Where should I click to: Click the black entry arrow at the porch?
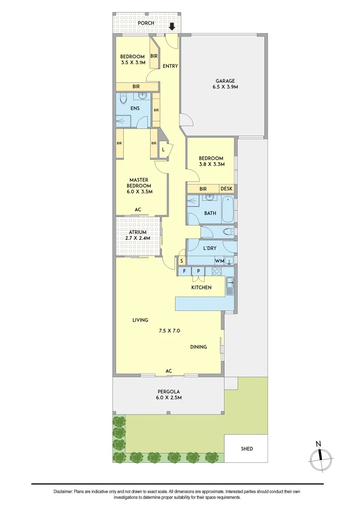coord(172,26)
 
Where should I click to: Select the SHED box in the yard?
coord(247,449)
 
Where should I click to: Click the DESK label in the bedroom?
coord(226,189)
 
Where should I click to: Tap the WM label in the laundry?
coord(219,261)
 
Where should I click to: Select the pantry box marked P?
coord(199,271)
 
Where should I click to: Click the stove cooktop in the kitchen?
coord(217,271)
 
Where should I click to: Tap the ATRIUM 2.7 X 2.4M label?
coord(138,235)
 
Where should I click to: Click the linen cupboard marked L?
coord(163,150)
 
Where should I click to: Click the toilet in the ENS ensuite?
coord(123,100)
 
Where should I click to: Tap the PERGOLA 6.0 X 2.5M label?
coord(168,395)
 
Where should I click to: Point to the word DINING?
coord(199,347)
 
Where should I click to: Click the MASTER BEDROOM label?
coord(140,185)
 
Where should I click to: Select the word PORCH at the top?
coord(146,23)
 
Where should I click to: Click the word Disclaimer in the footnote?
coord(63,492)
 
